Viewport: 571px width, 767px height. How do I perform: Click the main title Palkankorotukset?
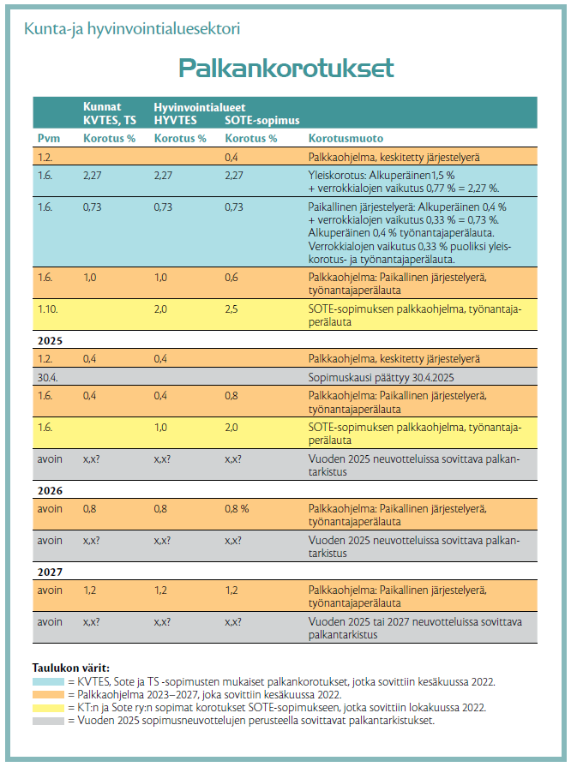[286, 68]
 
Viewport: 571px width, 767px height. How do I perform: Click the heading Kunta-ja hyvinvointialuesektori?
[132, 29]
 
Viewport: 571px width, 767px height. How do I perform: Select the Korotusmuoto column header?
[346, 139]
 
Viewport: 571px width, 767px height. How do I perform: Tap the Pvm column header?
[48, 139]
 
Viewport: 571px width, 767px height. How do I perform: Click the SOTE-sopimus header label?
[261, 120]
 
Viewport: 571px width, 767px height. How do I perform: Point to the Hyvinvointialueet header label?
[200, 107]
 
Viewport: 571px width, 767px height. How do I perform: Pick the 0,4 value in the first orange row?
[231, 157]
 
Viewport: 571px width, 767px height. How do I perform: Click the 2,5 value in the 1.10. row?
[231, 309]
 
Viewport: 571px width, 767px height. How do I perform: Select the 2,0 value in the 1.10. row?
[160, 309]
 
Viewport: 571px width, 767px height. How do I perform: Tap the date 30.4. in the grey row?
[47, 378]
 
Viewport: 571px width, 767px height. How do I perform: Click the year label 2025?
[50, 341]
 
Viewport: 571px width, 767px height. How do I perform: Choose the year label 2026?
[50, 491]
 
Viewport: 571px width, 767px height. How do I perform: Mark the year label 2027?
[50, 572]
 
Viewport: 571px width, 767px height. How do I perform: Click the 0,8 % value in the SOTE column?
[237, 509]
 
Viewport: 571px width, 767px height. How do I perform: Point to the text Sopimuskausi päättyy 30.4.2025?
[382, 378]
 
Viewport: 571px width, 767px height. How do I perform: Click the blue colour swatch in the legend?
[48, 682]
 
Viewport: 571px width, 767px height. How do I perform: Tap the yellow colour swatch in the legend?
[48, 708]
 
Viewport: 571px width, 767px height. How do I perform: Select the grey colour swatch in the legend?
[48, 721]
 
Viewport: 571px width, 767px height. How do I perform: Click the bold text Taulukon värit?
[71, 668]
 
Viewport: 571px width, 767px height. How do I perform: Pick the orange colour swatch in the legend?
[48, 695]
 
